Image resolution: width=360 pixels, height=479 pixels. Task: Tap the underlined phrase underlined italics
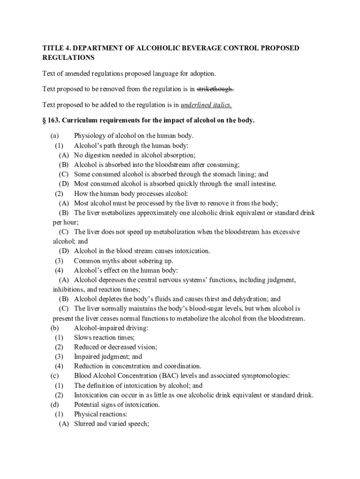[x=206, y=104]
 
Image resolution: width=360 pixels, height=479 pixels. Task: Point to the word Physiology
[x=90, y=136]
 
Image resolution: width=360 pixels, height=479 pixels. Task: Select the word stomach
[x=220, y=174]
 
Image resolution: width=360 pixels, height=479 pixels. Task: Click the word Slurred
[x=86, y=424]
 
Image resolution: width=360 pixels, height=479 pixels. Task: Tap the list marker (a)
[x=55, y=136]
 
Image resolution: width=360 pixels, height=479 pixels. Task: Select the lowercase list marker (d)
[x=55, y=405]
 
